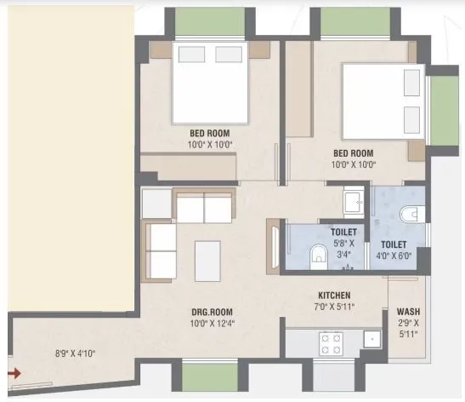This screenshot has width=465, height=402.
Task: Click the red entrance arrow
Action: click(x=14, y=372)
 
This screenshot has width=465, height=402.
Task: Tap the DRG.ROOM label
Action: click(x=208, y=312)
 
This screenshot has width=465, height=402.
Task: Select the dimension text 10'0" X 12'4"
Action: click(x=208, y=324)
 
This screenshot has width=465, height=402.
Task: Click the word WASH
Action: click(x=407, y=313)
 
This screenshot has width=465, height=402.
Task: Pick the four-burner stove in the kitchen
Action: click(x=330, y=342)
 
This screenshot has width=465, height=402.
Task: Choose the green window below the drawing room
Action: click(x=208, y=375)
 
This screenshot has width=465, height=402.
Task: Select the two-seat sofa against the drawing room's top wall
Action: click(x=204, y=207)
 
